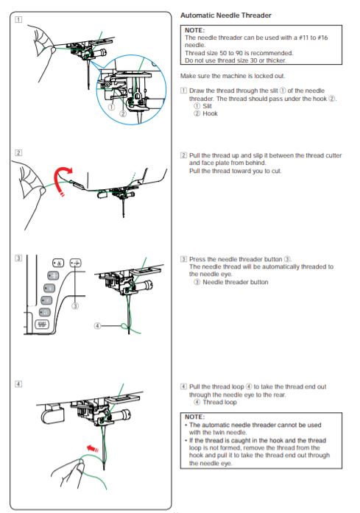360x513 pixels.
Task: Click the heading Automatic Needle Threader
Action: [x=226, y=15]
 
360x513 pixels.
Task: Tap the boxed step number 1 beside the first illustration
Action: [x=18, y=20]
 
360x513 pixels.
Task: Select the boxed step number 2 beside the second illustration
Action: [x=18, y=153]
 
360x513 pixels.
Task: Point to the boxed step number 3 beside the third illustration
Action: [x=18, y=258]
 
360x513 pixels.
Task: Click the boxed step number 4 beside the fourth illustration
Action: [x=18, y=383]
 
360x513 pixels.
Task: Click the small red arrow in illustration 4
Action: [x=93, y=448]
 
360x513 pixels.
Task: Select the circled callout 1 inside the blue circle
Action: [x=112, y=107]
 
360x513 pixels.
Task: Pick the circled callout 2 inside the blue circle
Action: [x=123, y=113]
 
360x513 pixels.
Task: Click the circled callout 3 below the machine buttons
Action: [x=75, y=306]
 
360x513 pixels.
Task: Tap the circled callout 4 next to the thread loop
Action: [x=97, y=326]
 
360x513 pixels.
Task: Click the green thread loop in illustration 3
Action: [x=124, y=326]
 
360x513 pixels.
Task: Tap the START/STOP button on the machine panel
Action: [x=42, y=325]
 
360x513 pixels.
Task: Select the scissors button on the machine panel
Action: [x=58, y=263]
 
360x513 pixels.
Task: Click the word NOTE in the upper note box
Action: [x=194, y=30]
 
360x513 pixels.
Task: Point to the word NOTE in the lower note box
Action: [x=194, y=417]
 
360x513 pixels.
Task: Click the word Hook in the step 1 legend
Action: [x=210, y=113]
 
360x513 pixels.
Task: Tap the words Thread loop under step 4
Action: [x=219, y=402]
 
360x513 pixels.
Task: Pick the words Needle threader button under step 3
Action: [x=236, y=282]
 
